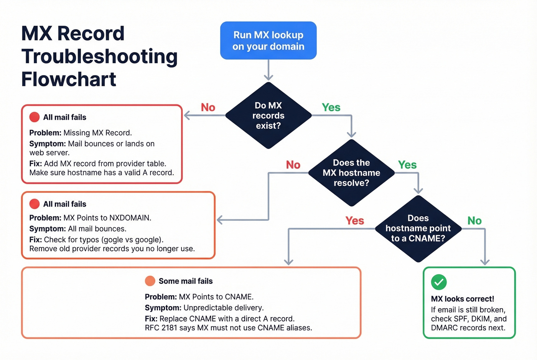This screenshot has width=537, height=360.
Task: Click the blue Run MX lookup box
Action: point(268,41)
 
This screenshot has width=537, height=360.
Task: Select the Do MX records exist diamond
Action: point(268,115)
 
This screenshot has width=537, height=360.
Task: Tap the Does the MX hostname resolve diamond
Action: point(351,173)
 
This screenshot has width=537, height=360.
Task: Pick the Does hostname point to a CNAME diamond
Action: point(418,228)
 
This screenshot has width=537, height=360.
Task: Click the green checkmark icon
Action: point(439,282)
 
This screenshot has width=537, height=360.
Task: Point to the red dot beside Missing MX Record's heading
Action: point(35,117)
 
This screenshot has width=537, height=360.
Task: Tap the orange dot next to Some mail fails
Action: point(150,281)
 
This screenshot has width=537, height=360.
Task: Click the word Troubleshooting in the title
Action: point(99,56)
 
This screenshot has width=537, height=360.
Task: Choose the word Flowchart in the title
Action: point(69,79)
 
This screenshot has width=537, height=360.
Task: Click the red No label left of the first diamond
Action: point(208,107)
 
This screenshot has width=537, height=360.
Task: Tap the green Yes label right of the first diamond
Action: point(331,107)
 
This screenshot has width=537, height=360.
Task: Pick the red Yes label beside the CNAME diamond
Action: point(354,220)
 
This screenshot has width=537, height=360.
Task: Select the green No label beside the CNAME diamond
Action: point(474,220)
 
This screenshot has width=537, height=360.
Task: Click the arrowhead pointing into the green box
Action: point(485,262)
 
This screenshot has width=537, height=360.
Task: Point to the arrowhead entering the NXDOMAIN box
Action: point(220,220)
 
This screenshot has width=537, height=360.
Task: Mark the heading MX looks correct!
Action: point(462,299)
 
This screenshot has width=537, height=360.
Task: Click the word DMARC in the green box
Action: point(443,328)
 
